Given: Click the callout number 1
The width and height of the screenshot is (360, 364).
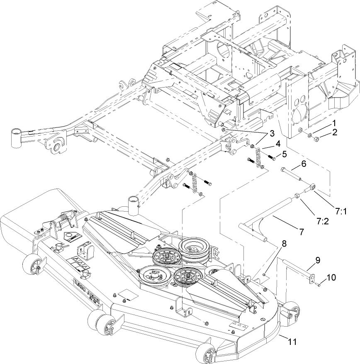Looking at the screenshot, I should [333, 123].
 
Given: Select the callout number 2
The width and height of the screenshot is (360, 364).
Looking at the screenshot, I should [334, 132].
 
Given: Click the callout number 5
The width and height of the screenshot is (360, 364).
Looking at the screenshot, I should [284, 154].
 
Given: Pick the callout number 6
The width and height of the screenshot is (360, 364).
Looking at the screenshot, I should [304, 164].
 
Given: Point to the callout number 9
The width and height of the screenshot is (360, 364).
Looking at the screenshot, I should [318, 261].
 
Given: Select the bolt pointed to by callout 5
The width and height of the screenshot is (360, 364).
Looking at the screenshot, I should [272, 158].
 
